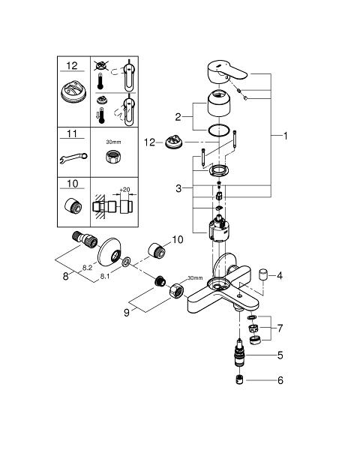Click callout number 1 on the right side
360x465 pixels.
click(285, 136)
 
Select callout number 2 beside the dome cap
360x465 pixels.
click(178, 117)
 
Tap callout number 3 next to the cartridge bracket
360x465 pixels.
click(178, 188)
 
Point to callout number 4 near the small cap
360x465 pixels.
click(280, 276)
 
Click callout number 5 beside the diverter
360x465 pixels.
click(280, 355)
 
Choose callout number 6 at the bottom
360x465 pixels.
click(280, 380)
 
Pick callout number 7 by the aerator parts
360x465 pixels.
click(280, 328)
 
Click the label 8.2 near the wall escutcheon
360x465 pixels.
click(87, 268)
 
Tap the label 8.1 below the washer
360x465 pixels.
click(105, 277)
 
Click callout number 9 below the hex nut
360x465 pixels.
click(127, 313)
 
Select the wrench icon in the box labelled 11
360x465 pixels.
click(73, 157)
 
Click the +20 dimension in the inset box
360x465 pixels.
click(124, 190)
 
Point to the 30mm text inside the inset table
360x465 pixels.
click(113, 142)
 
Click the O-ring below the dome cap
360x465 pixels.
click(219, 130)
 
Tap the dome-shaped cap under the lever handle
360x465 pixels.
click(219, 103)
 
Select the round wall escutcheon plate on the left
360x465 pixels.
click(109, 252)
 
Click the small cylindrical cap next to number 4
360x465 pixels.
click(263, 274)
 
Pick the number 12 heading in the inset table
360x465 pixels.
click(72, 65)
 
